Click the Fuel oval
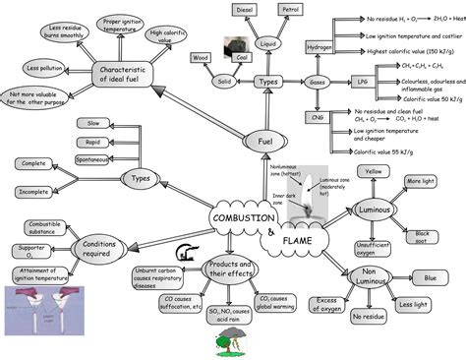point(264,143)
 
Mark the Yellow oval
point(373,171)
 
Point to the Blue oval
point(430,279)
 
